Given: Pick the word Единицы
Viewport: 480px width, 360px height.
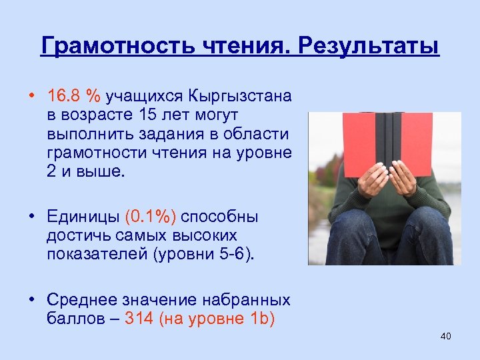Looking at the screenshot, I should [83, 217].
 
